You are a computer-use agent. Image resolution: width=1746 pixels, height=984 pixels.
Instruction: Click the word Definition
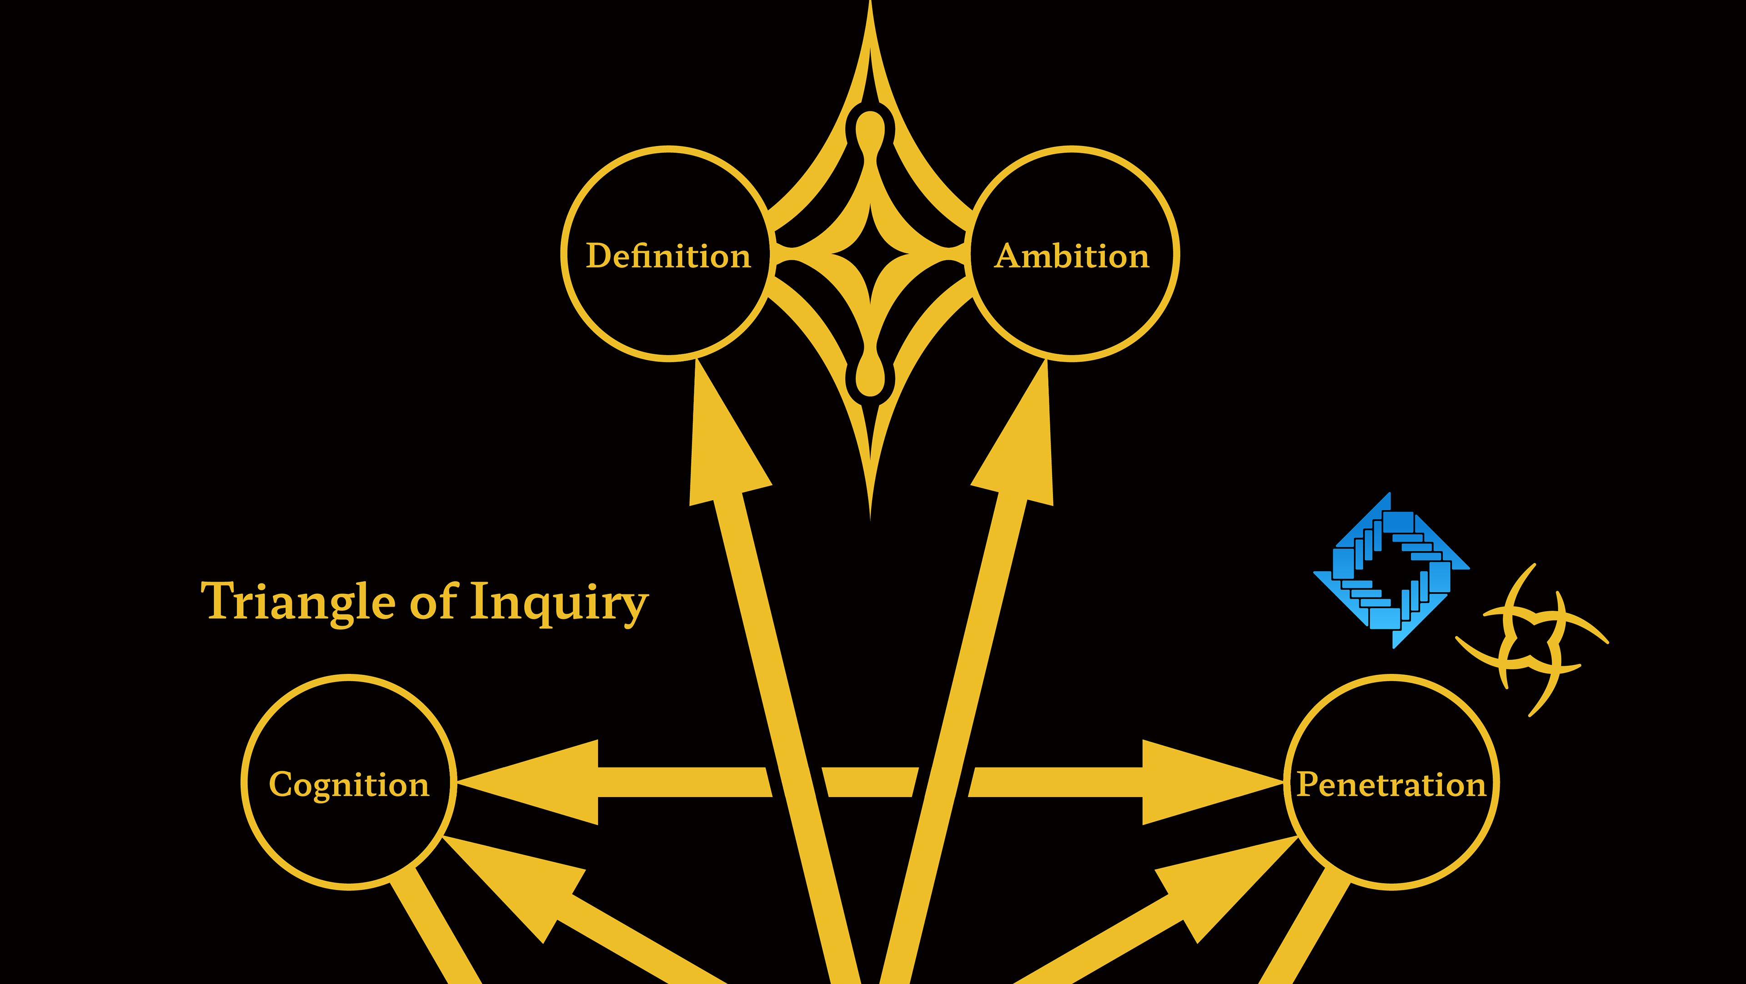668,256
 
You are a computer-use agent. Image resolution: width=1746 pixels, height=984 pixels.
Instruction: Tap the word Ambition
1072,256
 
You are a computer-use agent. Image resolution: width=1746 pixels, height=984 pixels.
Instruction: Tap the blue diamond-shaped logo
1391,571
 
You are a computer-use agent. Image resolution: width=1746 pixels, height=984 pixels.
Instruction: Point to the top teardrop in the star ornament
870,132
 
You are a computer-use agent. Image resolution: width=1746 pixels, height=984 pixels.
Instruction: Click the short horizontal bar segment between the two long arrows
870,782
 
